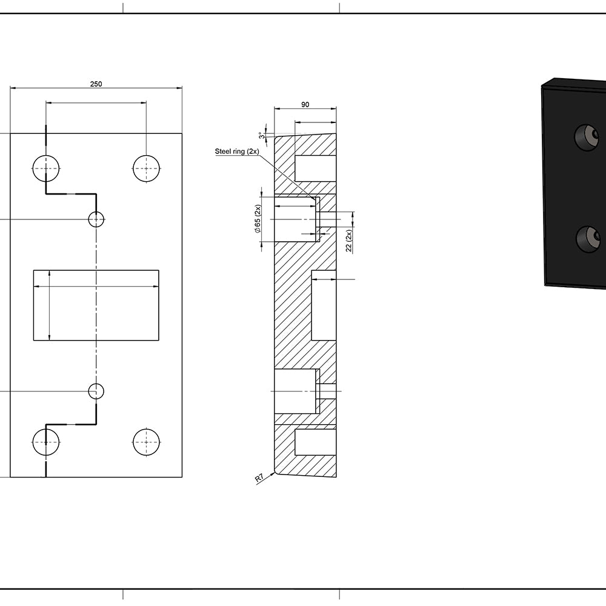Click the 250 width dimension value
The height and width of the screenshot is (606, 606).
pyautogui.click(x=96, y=84)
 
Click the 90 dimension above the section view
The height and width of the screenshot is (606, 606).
pyautogui.click(x=305, y=105)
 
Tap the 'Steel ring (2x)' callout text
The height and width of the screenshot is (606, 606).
pyautogui.click(x=238, y=151)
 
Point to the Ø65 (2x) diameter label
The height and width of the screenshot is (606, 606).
pyautogui.click(x=258, y=219)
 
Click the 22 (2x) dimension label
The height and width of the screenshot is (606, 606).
pyautogui.click(x=349, y=241)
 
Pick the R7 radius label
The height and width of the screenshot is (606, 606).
pyautogui.click(x=259, y=479)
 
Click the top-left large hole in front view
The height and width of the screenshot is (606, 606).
pyautogui.click(x=45, y=168)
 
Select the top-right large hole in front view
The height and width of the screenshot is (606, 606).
pyautogui.click(x=146, y=168)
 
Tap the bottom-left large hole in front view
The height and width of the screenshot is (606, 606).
pyautogui.click(x=45, y=442)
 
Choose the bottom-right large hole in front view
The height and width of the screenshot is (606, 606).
pyautogui.click(x=146, y=442)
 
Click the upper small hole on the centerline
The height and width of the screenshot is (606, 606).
pyautogui.click(x=96, y=219)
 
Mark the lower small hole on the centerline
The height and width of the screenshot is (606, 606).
pyautogui.click(x=96, y=391)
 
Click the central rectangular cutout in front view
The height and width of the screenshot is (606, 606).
pyautogui.click(x=96, y=305)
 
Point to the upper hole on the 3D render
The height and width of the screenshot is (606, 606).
pyautogui.click(x=587, y=138)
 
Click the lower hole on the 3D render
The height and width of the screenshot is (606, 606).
pyautogui.click(x=587, y=239)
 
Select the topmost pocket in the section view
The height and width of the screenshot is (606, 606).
pyautogui.click(x=315, y=168)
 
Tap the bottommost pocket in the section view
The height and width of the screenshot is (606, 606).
pyautogui.click(x=315, y=442)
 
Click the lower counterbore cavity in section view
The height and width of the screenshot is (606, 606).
pyautogui.click(x=295, y=391)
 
